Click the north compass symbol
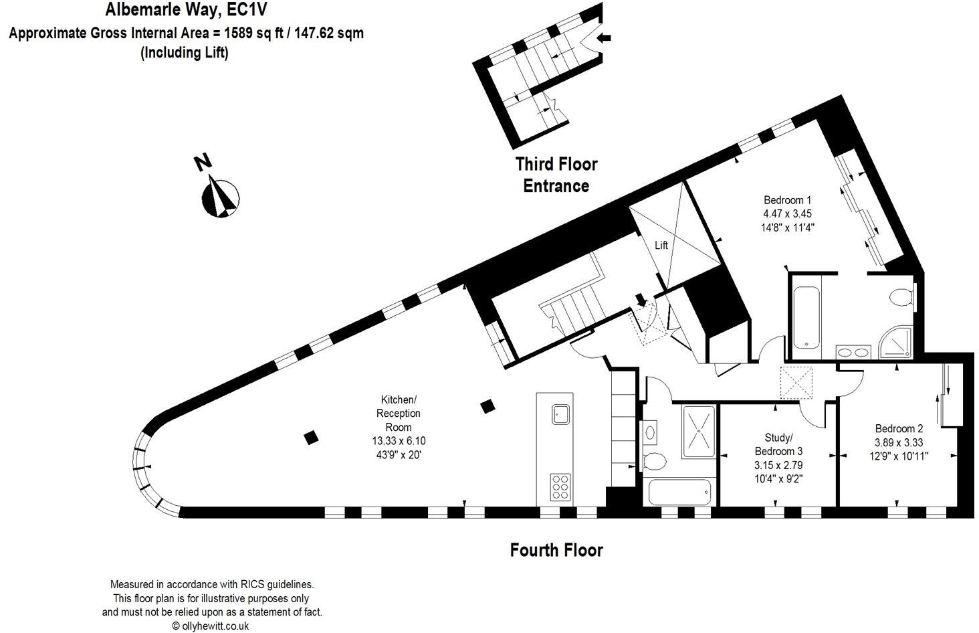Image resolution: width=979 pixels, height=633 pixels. pos(219,196)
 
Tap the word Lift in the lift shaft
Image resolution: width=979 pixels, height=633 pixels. pos(661,246)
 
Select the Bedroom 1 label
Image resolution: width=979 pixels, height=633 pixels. pos(787,200)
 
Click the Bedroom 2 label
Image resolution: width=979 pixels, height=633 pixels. pos(899,429)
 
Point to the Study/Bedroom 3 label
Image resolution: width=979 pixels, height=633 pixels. pos(778,444)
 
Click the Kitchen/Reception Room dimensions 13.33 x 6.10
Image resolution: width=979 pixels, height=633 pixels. pos(399,441)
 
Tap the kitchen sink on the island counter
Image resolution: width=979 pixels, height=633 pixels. pos(560,414)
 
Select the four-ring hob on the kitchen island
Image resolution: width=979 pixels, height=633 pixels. pos(560,487)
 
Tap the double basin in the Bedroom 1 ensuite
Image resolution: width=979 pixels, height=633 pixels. pos(853,352)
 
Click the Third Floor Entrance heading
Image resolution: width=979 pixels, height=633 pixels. pos(556,175)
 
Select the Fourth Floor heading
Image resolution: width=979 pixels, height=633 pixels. pos(556,550)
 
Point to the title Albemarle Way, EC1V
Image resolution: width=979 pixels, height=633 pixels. pos(187,9)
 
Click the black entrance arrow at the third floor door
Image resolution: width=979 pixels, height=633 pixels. pos(603,38)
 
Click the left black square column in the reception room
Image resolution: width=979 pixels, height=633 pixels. pos(310,438)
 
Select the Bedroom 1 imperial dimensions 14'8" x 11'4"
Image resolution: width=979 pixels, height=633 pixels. pos(787,227)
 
